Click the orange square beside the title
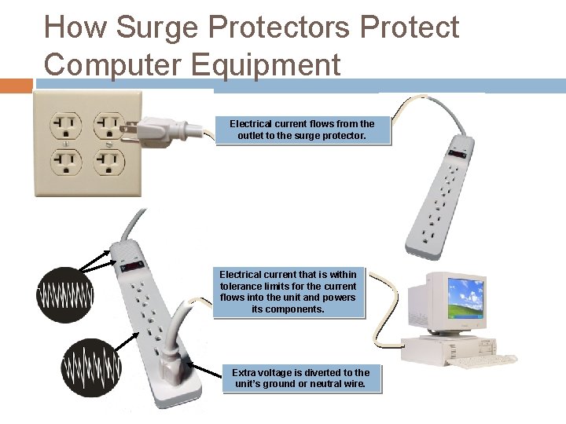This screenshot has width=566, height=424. pyautogui.click(x=16, y=86)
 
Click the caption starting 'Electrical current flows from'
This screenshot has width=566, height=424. pyautogui.click(x=302, y=130)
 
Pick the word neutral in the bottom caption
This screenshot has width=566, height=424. pyautogui.click(x=332, y=384)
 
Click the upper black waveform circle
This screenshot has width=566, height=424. pyautogui.click(x=65, y=295)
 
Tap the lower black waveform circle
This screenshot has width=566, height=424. pyautogui.click(x=92, y=366)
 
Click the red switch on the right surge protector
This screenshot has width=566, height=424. pyautogui.click(x=456, y=157)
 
